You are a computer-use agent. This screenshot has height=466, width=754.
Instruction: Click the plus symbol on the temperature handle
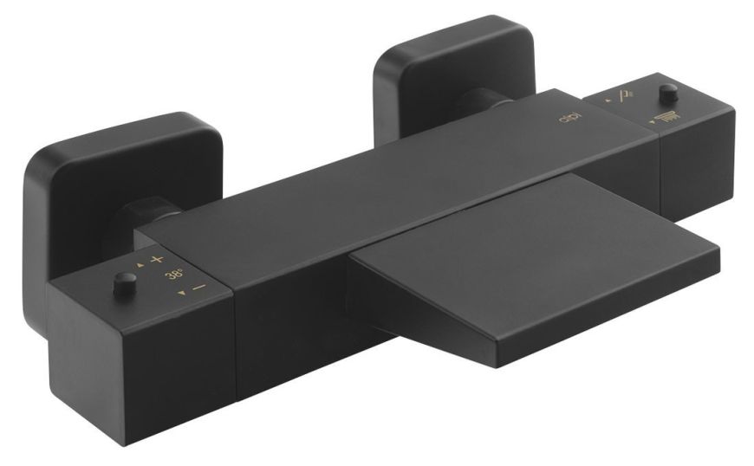156,259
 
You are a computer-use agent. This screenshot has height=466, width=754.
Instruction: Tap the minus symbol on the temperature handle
198,288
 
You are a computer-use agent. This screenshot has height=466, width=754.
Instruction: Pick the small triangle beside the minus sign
181,294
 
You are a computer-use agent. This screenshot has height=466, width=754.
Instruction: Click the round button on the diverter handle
667,92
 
